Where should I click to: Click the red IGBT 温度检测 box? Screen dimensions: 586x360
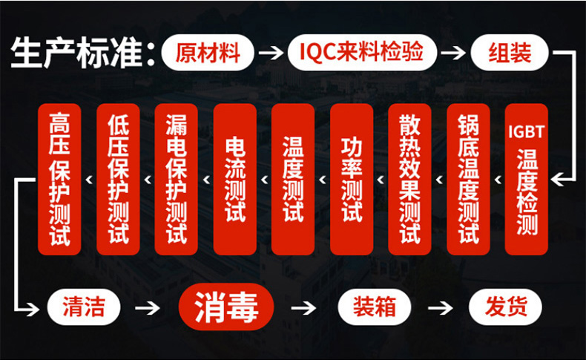click(x=527, y=179)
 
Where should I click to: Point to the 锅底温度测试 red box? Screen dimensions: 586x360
click(x=468, y=179)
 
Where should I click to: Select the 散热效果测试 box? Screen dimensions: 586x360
click(x=409, y=179)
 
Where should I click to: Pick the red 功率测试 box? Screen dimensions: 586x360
click(x=352, y=179)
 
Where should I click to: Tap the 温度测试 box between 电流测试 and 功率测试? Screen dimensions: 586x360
click(x=293, y=179)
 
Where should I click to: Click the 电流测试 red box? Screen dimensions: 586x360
click(x=234, y=179)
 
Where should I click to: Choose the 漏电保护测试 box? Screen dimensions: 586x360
click(x=177, y=179)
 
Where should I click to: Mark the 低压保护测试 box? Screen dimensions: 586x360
click(x=118, y=179)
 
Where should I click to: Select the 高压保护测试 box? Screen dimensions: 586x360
click(x=59, y=179)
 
